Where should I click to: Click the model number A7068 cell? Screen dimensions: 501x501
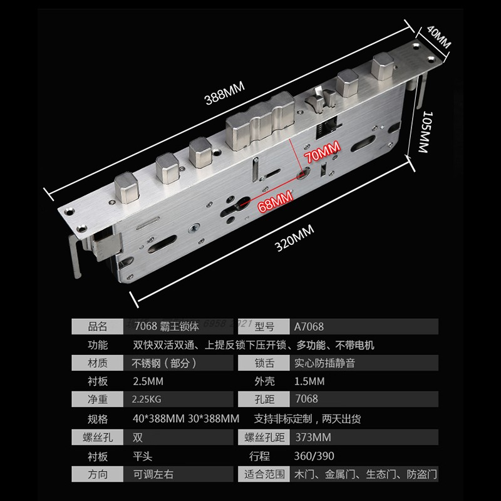click(309, 326)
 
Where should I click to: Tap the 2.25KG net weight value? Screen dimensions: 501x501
click(147, 400)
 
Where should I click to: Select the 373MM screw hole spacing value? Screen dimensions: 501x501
click(311, 436)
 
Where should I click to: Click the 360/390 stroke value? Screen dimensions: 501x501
click(311, 455)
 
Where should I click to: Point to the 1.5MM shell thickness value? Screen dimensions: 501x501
click(309, 381)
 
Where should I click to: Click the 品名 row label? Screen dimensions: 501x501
click(98, 326)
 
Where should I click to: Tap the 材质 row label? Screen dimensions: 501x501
click(98, 363)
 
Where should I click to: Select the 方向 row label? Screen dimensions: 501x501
click(98, 473)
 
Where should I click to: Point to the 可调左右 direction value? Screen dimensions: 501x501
click(152, 473)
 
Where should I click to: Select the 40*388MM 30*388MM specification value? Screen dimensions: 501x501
click(185, 418)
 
